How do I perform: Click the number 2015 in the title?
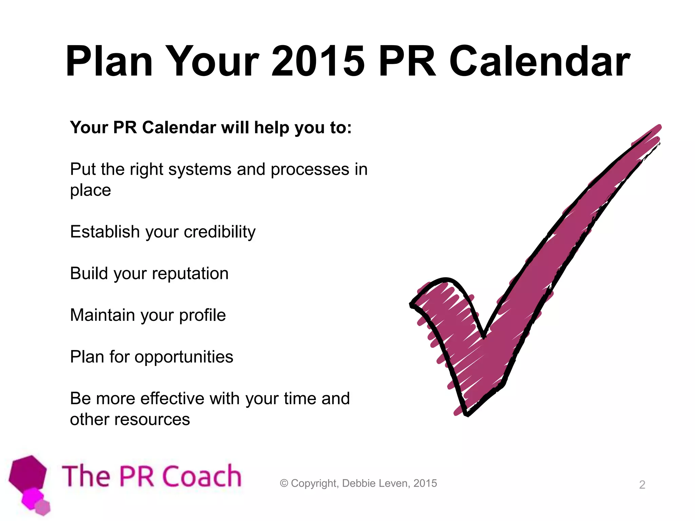[318, 62]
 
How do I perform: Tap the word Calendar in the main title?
[540, 62]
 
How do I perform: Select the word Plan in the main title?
[109, 62]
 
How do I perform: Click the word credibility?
[220, 232]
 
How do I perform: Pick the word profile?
[202, 315]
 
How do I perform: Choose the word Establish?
[105, 232]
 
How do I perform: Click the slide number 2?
[642, 485]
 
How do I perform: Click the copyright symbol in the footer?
[284, 483]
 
